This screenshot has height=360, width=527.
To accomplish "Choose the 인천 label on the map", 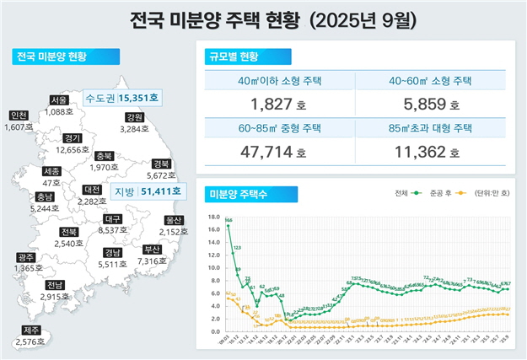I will (18, 116).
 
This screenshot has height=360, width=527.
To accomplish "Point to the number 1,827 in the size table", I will (272, 105).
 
